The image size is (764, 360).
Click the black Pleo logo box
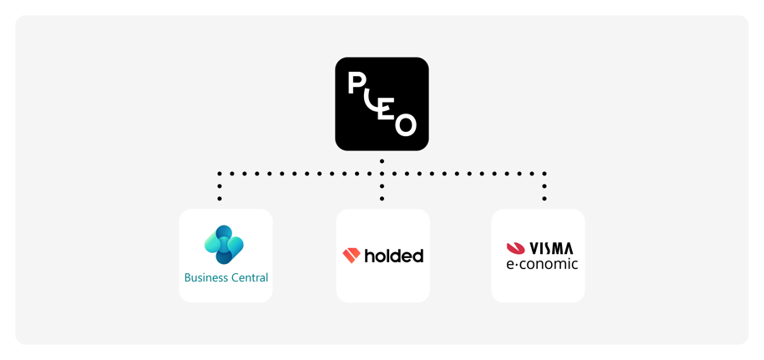pyautogui.click(x=382, y=104)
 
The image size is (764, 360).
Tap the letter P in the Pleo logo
pyautogui.click(x=357, y=84)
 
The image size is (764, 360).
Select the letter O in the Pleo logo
pyautogui.click(x=405, y=124)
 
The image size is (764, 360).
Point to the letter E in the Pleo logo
pyautogui.click(x=386, y=109)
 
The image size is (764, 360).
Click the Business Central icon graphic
pyautogui.click(x=224, y=245)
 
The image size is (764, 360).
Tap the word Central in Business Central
pyautogui.click(x=248, y=277)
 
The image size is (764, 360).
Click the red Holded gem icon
pyautogui.click(x=351, y=256)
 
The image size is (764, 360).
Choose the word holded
pyautogui.click(x=393, y=256)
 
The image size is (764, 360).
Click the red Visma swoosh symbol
pyautogui.click(x=515, y=248)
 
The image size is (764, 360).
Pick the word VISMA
pyautogui.click(x=552, y=248)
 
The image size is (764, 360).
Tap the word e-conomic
pyautogui.click(x=542, y=264)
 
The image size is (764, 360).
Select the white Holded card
pyautogui.click(x=382, y=284)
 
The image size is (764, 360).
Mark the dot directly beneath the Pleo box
pyautogui.click(x=382, y=160)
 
